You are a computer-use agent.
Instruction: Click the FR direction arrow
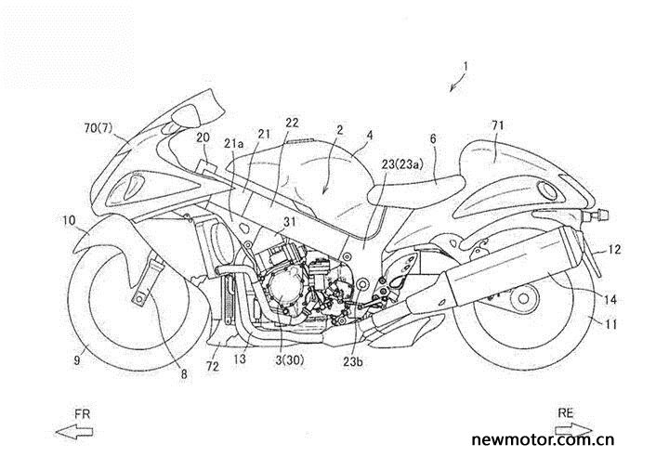[74, 432]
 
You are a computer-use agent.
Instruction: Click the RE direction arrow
[574, 429]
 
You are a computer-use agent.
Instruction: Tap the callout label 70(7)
[98, 127]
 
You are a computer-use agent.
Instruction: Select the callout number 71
[497, 125]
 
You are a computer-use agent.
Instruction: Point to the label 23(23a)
[402, 164]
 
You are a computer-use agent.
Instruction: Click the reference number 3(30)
[289, 360]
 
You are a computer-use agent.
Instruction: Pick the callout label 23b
[353, 361]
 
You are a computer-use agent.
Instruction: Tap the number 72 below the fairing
[213, 366]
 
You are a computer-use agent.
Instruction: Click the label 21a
[234, 144]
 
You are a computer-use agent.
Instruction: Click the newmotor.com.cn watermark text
[543, 439]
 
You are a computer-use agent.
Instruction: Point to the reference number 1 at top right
[466, 67]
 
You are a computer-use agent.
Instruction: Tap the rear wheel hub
[524, 298]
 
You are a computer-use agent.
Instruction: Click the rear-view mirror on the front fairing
[186, 114]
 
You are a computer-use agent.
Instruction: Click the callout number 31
[290, 222]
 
